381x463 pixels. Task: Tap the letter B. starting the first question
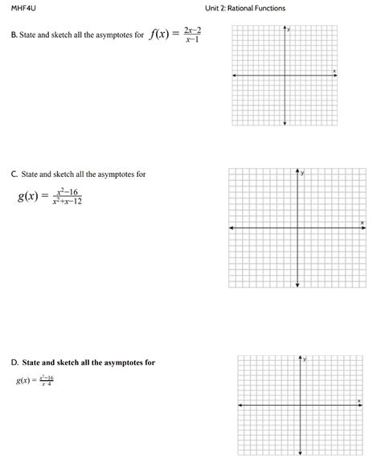tap(14, 35)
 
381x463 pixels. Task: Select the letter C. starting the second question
tap(14, 174)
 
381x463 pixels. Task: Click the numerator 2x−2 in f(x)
tap(192, 30)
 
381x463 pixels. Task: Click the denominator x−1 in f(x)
tap(192, 39)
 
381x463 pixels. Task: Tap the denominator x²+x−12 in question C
tap(67, 201)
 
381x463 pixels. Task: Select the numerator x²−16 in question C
tap(67, 192)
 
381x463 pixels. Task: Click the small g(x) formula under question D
tap(35, 380)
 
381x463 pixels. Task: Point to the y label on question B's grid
tap(289, 29)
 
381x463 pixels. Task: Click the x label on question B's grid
tap(334, 72)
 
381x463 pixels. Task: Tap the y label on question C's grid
tap(303, 173)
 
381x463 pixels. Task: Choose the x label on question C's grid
tap(362, 222)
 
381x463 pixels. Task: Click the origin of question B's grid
tap(285, 76)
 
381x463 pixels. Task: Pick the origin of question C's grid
tap(297, 228)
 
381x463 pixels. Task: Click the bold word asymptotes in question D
tap(115, 363)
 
